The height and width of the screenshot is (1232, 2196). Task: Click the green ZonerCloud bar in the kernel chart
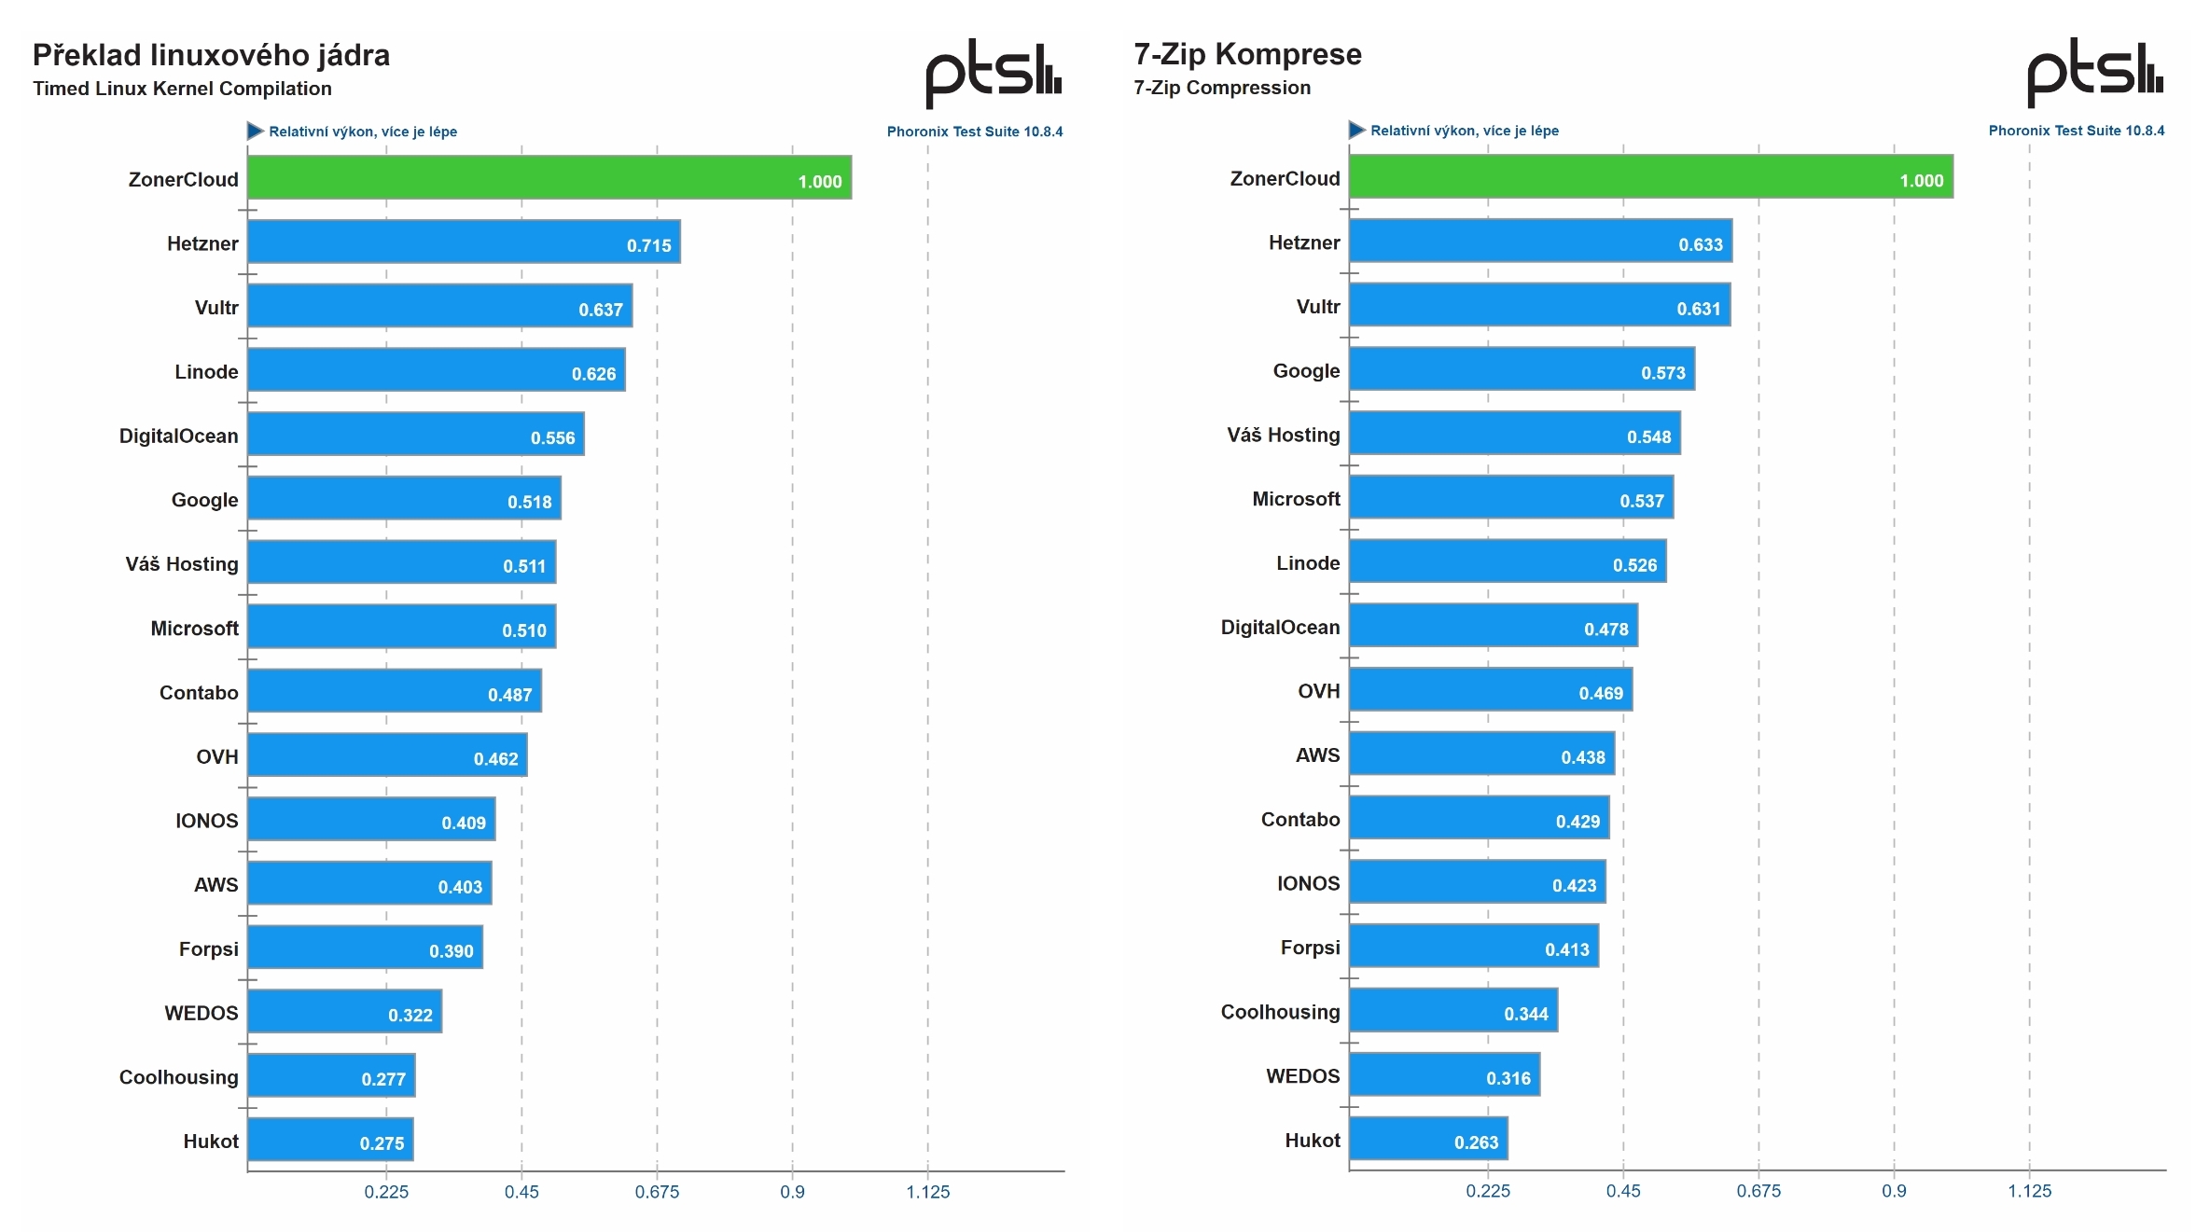click(549, 177)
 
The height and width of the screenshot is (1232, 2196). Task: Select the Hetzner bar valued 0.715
click(463, 242)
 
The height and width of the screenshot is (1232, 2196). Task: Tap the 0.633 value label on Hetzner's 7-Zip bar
click(1700, 244)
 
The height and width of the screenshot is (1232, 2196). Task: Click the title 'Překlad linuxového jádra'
click(211, 55)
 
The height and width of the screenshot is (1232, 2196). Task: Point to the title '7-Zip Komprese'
click(1246, 54)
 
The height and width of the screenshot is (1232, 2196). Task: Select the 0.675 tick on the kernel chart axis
click(657, 1191)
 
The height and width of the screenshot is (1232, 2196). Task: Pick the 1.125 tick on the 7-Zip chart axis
click(2029, 1190)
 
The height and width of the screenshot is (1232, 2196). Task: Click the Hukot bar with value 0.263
click(1427, 1139)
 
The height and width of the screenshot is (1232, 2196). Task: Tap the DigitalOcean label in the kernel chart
click(178, 436)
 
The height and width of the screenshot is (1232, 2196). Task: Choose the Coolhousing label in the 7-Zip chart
click(1279, 1012)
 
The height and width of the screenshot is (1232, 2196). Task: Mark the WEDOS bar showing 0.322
click(343, 1011)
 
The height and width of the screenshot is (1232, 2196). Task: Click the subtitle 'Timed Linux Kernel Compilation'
click(182, 89)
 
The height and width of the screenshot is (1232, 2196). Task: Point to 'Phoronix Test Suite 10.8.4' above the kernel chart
click(974, 132)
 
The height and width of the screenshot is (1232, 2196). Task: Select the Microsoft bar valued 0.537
click(1510, 497)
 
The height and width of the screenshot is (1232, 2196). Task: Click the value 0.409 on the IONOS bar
click(463, 823)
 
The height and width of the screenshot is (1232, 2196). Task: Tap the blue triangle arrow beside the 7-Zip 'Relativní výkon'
click(1356, 130)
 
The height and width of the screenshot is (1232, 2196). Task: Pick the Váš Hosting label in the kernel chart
click(182, 563)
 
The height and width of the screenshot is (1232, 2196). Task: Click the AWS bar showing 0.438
click(1480, 754)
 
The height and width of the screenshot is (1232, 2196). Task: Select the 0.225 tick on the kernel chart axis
click(386, 1191)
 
